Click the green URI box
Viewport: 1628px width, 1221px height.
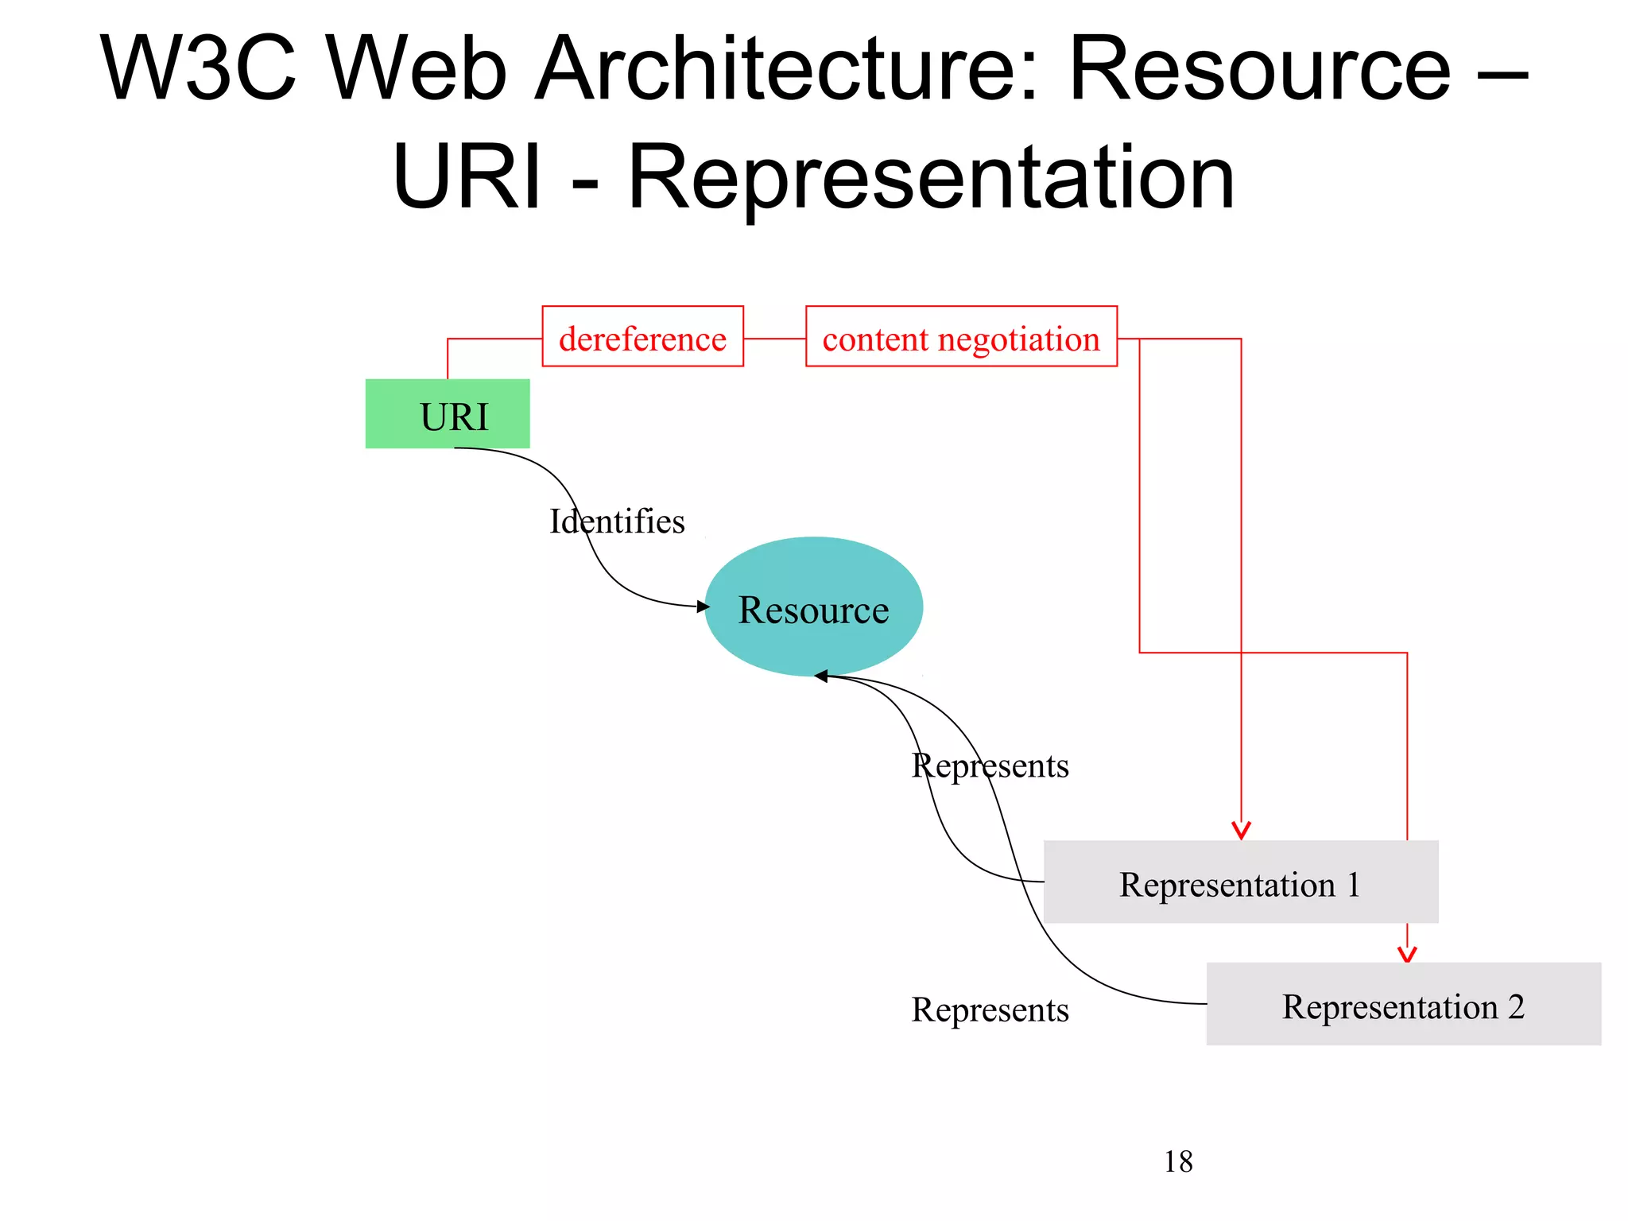[448, 414]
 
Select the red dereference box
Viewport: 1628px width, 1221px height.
[642, 337]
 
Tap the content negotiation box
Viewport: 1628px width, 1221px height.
[961, 337]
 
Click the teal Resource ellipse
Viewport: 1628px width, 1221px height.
[813, 607]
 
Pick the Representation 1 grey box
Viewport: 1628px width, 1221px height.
[1240, 882]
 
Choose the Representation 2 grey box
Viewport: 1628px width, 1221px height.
[1403, 1005]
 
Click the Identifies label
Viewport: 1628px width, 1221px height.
[617, 522]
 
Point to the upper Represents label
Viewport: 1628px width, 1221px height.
[990, 766]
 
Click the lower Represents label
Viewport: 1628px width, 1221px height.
[990, 1010]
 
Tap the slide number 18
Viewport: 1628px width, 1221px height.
[1178, 1162]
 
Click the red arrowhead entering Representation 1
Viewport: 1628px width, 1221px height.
[1241, 831]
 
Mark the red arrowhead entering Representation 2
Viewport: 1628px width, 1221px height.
[1407, 954]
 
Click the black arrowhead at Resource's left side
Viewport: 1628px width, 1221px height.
[703, 607]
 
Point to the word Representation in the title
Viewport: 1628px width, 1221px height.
[931, 178]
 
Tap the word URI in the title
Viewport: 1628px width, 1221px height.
[467, 178]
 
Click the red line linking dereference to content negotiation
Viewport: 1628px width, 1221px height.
[774, 339]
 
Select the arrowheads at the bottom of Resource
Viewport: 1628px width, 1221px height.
[822, 676]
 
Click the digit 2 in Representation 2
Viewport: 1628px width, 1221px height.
[1515, 1006]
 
